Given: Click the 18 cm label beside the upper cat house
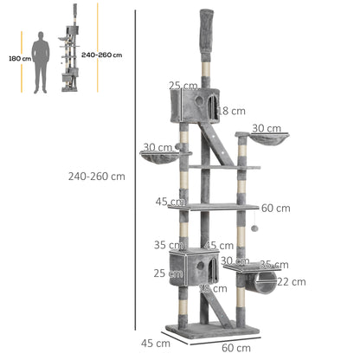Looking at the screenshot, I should pyautogui.click(x=232, y=111).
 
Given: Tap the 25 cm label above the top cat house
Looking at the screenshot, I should pyautogui.click(x=182, y=86).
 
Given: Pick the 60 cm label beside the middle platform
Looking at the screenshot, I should pyautogui.click(x=275, y=208).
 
